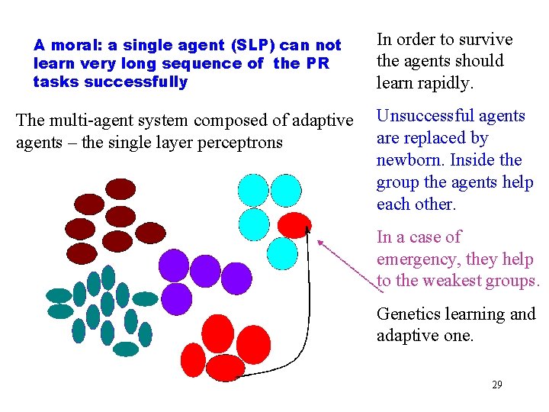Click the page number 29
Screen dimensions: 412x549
pos(496,385)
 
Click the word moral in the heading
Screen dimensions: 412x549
pos(70,46)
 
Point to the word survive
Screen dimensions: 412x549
pos(483,40)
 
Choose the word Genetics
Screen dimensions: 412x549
pos(409,314)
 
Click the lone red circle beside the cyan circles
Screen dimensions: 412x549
pos(294,225)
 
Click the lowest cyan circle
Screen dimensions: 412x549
pos(283,253)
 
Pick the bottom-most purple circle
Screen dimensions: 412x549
pos(177,298)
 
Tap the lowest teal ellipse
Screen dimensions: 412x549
pos(126,349)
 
